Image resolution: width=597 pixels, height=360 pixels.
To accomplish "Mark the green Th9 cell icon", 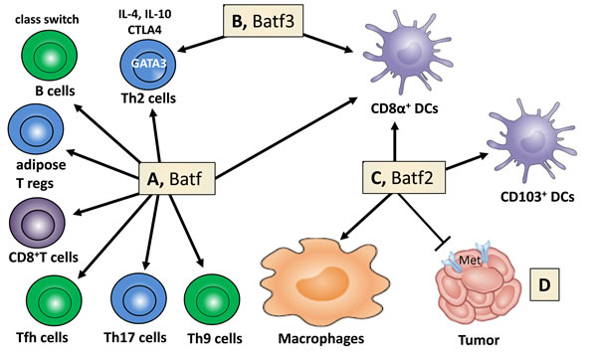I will point(215,296).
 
